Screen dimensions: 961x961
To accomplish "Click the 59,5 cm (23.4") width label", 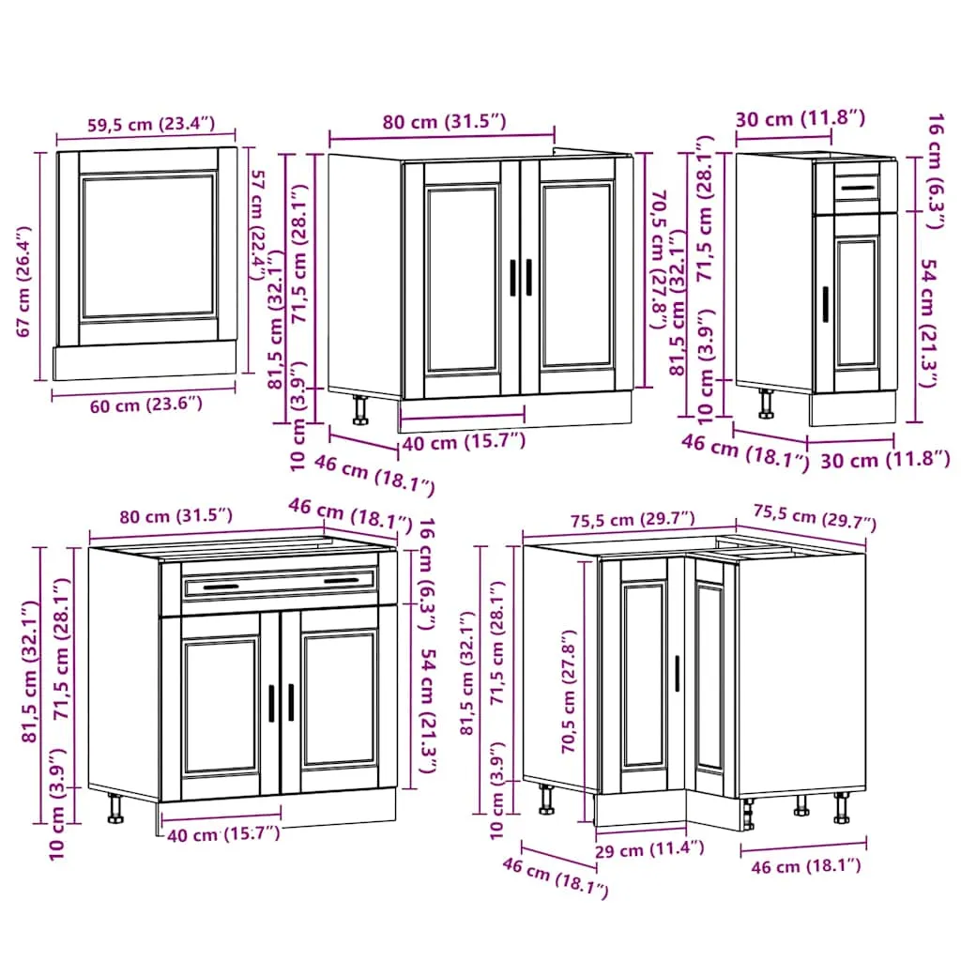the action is tap(151, 124).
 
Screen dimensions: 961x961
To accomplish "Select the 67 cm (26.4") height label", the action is tap(23, 282).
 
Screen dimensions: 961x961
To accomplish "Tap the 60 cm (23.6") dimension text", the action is tap(145, 405).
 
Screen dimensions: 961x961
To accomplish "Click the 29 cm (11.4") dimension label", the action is tap(649, 849).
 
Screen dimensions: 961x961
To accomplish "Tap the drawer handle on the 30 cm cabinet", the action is tap(858, 188).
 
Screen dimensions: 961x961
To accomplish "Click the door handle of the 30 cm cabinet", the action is tap(826, 304).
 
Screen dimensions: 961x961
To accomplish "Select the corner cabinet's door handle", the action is tap(678, 674).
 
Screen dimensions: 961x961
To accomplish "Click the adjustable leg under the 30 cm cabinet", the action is tap(766, 404).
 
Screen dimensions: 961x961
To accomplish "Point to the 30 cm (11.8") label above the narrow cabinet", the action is tap(800, 117).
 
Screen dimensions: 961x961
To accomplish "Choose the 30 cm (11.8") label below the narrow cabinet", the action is tap(885, 459).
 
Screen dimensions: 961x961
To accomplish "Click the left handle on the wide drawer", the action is tap(221, 587).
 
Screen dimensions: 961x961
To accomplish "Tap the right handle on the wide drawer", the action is tap(341, 580).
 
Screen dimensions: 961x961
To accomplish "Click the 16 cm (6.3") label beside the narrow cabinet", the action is tap(936, 171).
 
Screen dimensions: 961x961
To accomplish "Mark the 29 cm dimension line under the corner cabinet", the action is tap(640, 831).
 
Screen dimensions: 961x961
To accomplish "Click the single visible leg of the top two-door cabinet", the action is tap(359, 410).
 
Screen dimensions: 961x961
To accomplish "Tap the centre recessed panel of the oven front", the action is tap(148, 247).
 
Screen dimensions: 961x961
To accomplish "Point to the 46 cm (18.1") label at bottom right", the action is tap(806, 866).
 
